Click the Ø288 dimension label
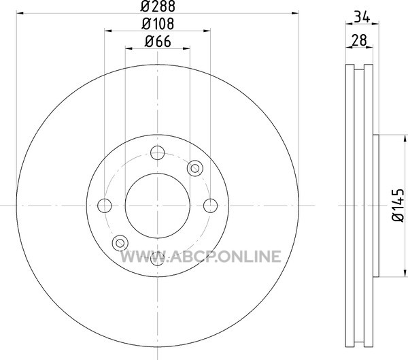[x=158, y=6]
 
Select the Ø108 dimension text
[x=158, y=24]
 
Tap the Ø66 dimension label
[x=158, y=42]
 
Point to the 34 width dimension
[x=362, y=17]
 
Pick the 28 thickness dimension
[x=359, y=40]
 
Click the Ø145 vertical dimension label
[x=398, y=206]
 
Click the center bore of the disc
[x=158, y=206]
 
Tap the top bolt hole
[x=158, y=152]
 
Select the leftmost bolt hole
[x=105, y=206]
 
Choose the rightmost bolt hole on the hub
[x=210, y=206]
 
